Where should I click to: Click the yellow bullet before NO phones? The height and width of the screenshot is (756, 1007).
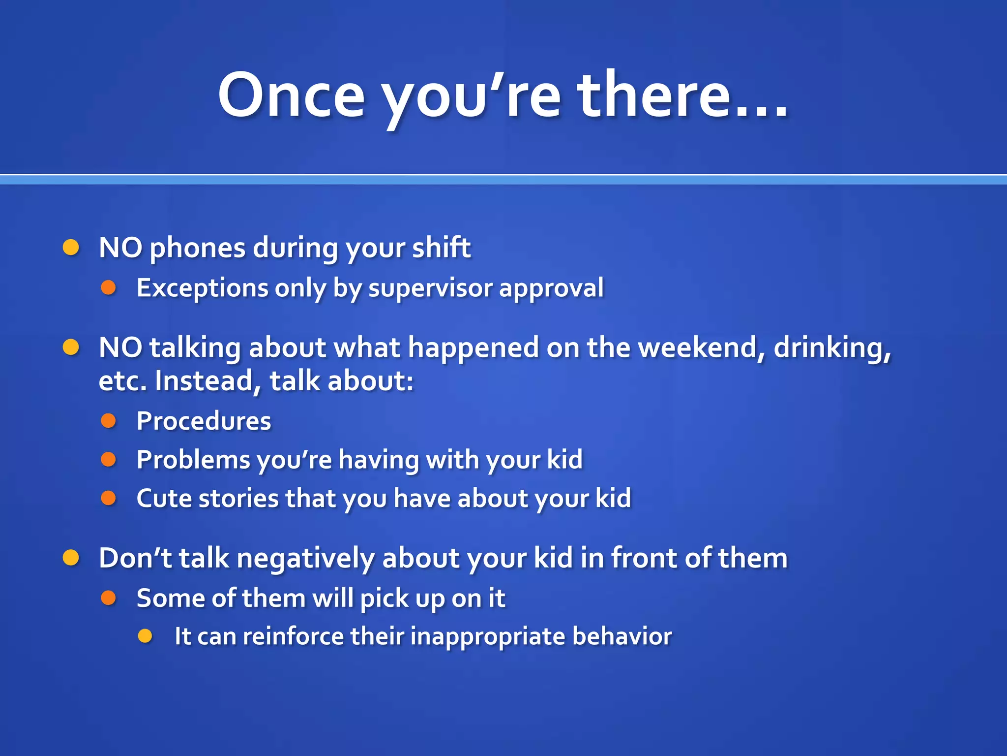(x=71, y=247)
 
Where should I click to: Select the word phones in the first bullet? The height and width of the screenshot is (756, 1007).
(x=197, y=248)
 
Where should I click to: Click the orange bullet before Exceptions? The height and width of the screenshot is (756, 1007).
(x=108, y=287)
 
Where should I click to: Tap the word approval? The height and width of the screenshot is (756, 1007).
(x=551, y=288)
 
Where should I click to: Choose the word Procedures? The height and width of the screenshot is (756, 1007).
(x=204, y=421)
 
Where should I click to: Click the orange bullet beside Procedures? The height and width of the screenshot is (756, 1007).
(x=108, y=420)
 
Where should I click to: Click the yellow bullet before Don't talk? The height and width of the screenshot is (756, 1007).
(x=71, y=558)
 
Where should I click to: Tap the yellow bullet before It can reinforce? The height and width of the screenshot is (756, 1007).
(x=146, y=636)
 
